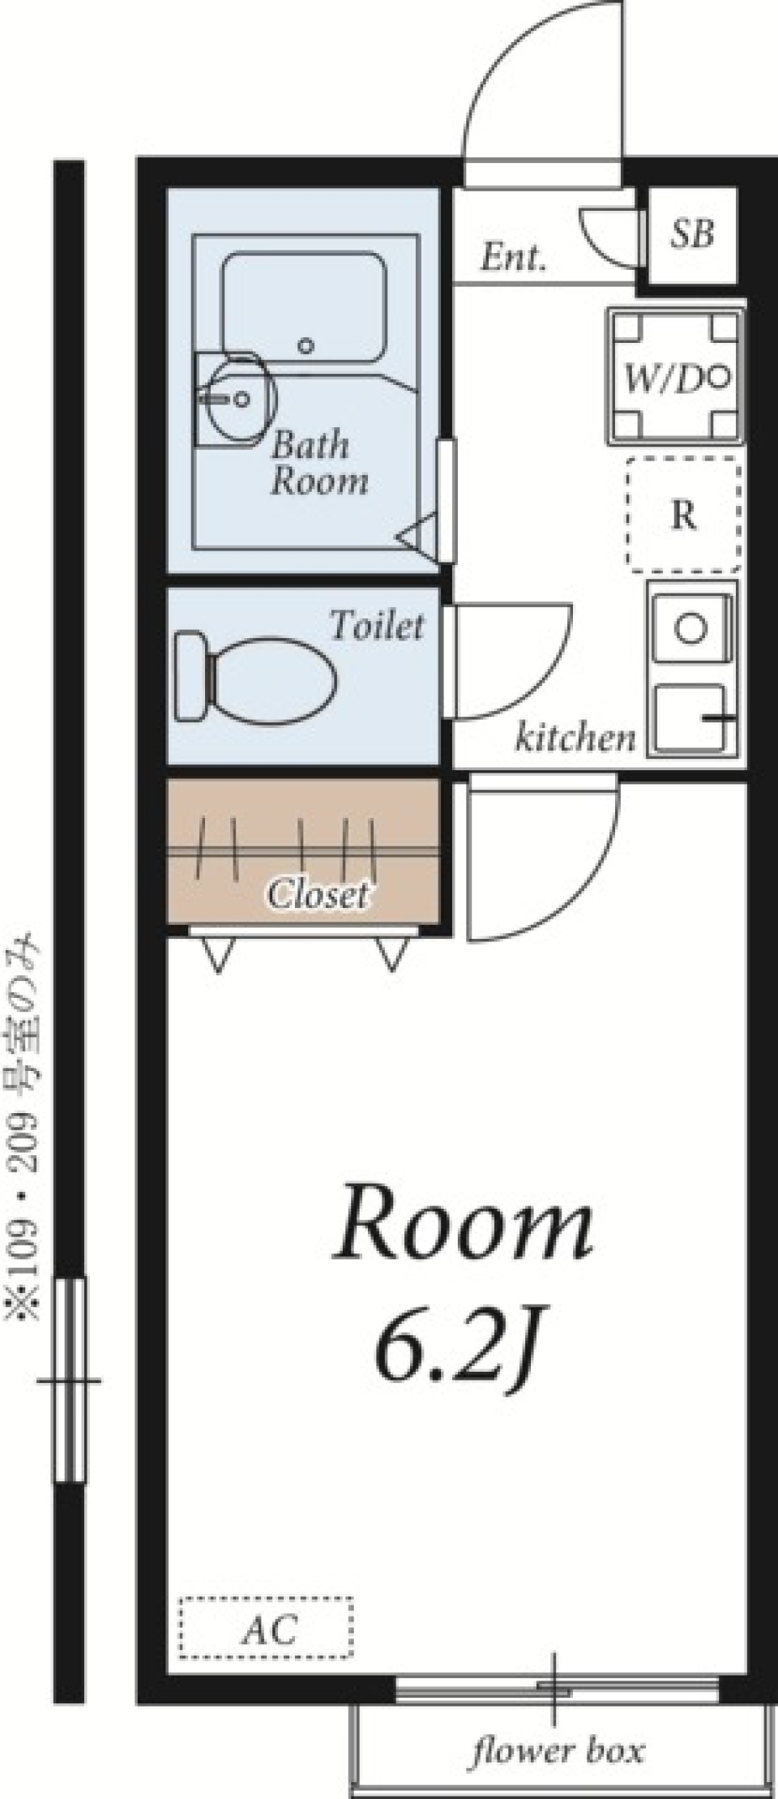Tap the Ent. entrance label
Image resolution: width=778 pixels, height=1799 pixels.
click(x=513, y=258)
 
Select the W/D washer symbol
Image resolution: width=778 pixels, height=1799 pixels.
click(x=675, y=377)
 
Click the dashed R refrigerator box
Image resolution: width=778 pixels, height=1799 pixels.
click(x=683, y=514)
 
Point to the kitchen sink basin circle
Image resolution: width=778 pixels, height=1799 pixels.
click(x=690, y=629)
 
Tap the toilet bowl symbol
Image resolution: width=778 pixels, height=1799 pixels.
click(x=256, y=679)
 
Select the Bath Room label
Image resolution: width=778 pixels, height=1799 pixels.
click(x=318, y=462)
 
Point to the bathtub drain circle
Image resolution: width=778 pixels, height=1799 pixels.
click(x=305, y=345)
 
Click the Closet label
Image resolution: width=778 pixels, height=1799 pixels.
click(x=318, y=894)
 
